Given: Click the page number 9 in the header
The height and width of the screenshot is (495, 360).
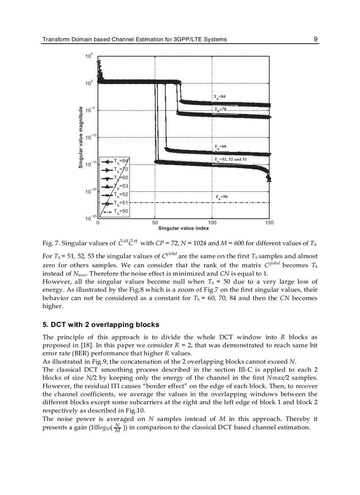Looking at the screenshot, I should pos(315,39).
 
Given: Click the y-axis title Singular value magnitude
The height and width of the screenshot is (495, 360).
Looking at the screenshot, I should pos(81,137).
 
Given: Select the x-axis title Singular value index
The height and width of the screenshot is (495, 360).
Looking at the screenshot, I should pos(183,228).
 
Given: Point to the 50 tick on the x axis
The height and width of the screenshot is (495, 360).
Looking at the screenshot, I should pos(155,223).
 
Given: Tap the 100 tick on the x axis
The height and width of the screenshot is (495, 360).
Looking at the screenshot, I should pos(212,223).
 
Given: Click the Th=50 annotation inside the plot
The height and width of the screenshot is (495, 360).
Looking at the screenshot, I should pos(221,197).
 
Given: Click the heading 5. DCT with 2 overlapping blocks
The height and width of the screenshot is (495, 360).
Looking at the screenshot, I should pos(101,325).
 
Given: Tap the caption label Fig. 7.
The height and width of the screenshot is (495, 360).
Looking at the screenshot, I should pos(50,243).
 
